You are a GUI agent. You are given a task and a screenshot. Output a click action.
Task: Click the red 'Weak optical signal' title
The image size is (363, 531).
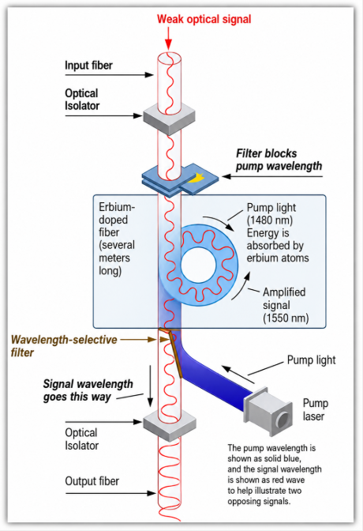204,19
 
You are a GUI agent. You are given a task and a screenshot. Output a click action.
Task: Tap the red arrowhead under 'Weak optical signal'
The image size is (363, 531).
168,45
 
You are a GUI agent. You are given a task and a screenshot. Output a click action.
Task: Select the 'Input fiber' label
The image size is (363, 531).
88,66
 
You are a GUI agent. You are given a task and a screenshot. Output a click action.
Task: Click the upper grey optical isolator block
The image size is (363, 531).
169,117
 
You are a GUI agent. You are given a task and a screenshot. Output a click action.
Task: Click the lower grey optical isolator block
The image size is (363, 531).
170,424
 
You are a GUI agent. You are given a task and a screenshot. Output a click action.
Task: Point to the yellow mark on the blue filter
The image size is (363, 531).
196,177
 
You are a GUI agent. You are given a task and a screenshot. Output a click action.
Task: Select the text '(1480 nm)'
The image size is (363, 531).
270,220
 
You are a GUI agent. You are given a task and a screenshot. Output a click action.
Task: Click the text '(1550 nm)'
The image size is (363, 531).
286,318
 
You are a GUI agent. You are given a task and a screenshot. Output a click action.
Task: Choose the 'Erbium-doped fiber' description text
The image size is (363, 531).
117,239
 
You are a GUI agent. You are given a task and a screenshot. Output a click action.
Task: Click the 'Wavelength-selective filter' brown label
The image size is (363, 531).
64,346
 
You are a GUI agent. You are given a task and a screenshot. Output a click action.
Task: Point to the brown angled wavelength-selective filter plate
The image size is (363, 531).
175,355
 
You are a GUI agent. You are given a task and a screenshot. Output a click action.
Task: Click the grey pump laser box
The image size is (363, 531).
268,411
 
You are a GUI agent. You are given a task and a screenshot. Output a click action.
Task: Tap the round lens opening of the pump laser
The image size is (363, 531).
283,420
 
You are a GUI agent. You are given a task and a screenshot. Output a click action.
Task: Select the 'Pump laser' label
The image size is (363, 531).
316,409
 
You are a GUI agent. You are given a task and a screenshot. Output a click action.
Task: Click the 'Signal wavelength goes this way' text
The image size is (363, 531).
88,390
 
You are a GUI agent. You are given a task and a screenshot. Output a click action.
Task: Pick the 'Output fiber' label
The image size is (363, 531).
92,481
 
